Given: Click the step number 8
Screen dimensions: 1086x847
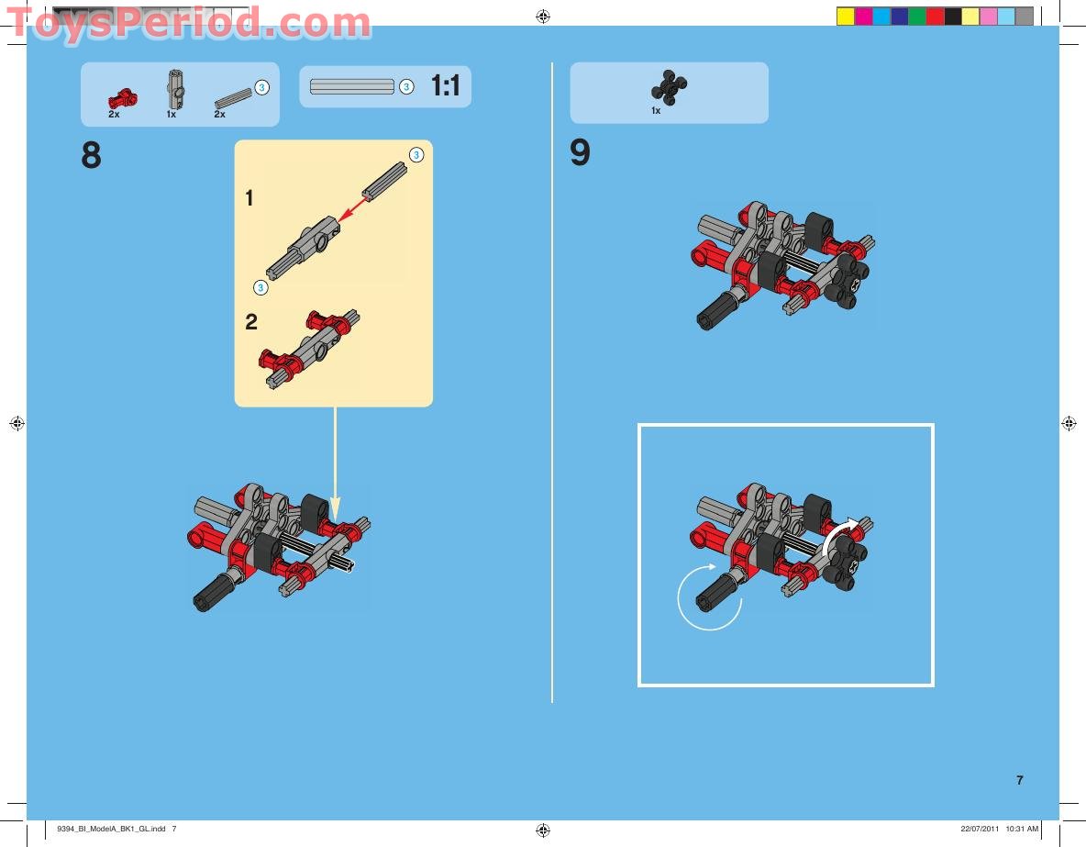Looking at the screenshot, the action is click(91, 155).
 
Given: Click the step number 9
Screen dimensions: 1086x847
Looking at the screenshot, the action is click(580, 152).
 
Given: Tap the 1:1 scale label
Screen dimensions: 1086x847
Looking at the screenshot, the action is click(446, 86).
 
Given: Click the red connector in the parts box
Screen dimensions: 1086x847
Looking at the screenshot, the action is click(123, 99).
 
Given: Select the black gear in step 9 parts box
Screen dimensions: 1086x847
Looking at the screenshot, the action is click(669, 88).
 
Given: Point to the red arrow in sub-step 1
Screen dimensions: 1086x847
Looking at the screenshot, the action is click(353, 208).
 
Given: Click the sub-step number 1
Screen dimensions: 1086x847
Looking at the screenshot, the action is click(249, 198).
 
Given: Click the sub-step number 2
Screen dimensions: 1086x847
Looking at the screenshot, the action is click(250, 321).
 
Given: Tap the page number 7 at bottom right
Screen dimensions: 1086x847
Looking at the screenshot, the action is click(1020, 780).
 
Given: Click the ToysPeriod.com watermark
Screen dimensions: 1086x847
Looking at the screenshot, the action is click(188, 24).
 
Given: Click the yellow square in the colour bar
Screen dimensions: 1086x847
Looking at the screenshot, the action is click(845, 17).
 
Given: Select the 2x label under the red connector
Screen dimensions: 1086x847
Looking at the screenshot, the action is click(114, 115).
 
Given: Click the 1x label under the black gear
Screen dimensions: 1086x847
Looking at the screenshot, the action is click(656, 111).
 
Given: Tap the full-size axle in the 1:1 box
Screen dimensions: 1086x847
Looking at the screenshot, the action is click(352, 86).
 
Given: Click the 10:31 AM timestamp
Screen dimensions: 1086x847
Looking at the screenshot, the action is click(1022, 829).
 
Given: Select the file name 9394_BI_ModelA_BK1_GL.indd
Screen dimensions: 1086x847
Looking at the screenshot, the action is click(111, 829).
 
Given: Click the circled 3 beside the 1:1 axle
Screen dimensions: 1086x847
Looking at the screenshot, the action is click(406, 86).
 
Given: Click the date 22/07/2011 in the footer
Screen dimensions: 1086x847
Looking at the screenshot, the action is click(980, 829).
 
